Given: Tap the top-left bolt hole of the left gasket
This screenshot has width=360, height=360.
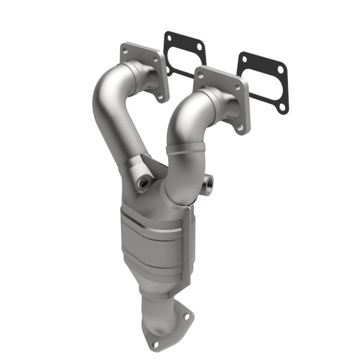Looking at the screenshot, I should pyautogui.click(x=169, y=38).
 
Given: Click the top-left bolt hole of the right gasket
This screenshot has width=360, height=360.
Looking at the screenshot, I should pyautogui.click(x=244, y=58).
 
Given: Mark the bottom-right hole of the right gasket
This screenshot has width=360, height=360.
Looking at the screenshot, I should pyautogui.click(x=282, y=106).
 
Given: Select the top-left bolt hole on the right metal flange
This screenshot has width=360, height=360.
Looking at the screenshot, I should pyautogui.click(x=200, y=74).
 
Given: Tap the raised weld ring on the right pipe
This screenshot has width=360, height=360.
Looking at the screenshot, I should pyautogui.click(x=185, y=148).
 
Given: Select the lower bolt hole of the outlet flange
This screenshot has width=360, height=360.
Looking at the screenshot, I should pyautogui.click(x=154, y=343).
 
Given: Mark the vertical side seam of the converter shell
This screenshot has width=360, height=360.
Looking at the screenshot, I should pyautogui.click(x=189, y=240).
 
